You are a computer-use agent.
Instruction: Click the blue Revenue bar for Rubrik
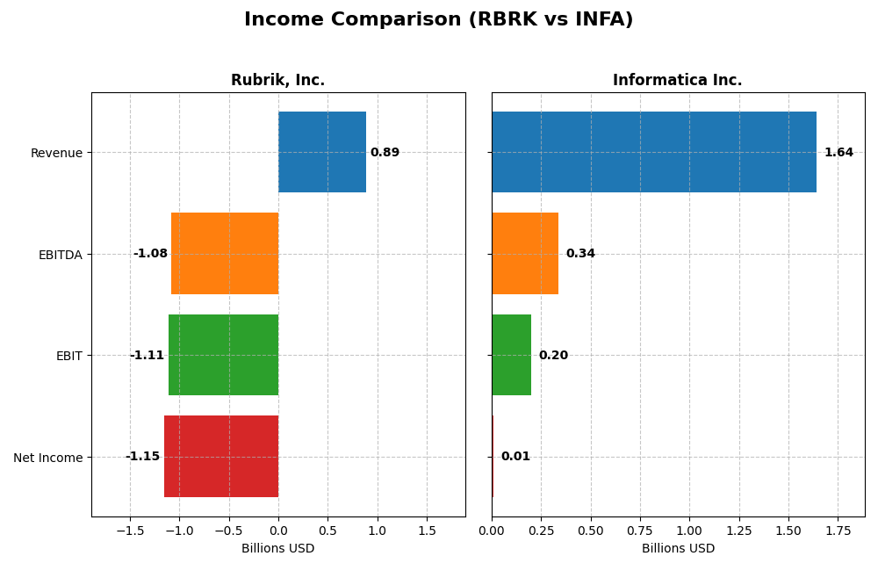pyautogui.click(x=322, y=152)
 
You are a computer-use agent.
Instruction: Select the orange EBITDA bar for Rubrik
pyautogui.click(x=225, y=253)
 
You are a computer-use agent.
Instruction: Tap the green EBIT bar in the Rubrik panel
pyautogui.click(x=223, y=355)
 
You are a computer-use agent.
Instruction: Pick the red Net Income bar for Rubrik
pyautogui.click(x=221, y=456)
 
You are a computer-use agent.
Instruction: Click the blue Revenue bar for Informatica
pyautogui.click(x=653, y=152)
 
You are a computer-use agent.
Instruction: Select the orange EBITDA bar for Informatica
pyautogui.click(x=525, y=253)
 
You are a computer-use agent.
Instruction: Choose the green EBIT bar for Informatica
pyautogui.click(x=511, y=355)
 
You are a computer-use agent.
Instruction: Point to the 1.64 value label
pyautogui.click(x=838, y=153)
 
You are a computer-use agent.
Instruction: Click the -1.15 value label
pyautogui.click(x=142, y=457)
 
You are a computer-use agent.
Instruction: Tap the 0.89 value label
pyautogui.click(x=385, y=153)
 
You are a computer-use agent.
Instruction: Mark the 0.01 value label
pyautogui.click(x=515, y=457)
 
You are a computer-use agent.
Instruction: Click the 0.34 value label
pyautogui.click(x=580, y=254)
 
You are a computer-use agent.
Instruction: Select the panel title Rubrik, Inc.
pyautogui.click(x=277, y=81)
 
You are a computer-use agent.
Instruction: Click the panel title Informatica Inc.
pyautogui.click(x=677, y=81)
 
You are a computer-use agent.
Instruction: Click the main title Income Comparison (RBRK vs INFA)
pyautogui.click(x=438, y=20)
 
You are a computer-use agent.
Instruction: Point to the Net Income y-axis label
pyautogui.click(x=47, y=458)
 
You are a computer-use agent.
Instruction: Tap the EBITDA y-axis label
pyautogui.click(x=60, y=255)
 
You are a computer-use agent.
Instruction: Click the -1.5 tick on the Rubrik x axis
pyautogui.click(x=130, y=531)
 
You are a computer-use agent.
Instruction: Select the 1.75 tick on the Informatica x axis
pyautogui.click(x=837, y=531)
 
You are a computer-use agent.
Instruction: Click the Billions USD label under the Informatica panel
pyautogui.click(x=678, y=549)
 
